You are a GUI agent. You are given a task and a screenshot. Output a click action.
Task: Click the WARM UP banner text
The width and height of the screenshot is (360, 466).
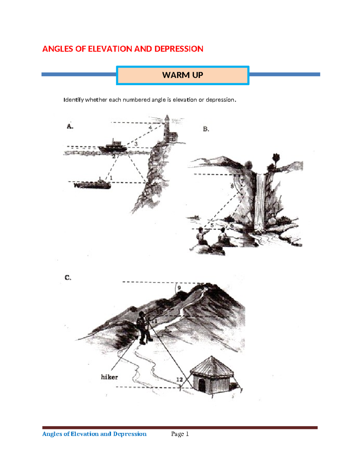tap(182, 75)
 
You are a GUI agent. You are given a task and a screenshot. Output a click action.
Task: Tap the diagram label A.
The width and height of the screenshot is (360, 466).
tap(70, 126)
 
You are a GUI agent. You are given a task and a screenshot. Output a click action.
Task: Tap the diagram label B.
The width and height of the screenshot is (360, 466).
tap(206, 129)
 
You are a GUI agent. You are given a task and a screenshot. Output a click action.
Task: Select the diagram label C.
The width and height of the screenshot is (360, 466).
tap(68, 278)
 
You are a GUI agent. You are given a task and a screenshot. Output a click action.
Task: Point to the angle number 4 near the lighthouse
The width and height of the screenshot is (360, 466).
tap(150, 128)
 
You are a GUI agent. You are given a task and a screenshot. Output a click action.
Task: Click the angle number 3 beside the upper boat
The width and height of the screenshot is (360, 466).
tap(136, 144)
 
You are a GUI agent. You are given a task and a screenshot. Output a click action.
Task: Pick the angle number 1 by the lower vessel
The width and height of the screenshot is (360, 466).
tap(111, 178)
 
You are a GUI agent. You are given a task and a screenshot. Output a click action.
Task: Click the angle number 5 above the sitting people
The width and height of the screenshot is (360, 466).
tap(212, 225)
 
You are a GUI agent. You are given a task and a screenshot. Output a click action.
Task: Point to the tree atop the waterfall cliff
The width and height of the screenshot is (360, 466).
tap(276, 159)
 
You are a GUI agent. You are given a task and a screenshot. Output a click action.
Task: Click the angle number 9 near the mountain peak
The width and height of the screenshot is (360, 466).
tap(179, 288)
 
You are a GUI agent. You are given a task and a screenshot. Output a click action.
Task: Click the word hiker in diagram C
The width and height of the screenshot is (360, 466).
tap(109, 377)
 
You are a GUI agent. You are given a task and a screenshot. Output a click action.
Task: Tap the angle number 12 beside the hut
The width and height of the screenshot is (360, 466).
tap(179, 380)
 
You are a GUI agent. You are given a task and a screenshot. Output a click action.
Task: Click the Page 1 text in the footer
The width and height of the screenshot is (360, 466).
tap(180, 434)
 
